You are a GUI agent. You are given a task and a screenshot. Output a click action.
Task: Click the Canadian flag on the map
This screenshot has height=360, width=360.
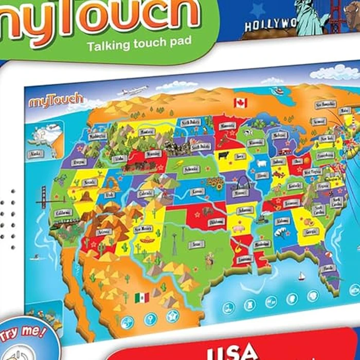click(x=240, y=103)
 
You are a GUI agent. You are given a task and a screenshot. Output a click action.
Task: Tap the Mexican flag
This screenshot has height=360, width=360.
click(x=141, y=297)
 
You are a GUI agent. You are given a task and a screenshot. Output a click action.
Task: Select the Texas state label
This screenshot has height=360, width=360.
click(x=195, y=245)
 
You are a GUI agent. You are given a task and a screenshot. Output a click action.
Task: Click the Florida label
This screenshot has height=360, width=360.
click(x=328, y=268)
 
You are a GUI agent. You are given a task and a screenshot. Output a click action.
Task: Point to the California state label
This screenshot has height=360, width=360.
click(x=64, y=212)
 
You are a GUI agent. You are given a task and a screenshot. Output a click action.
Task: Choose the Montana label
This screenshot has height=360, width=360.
click(x=133, y=133)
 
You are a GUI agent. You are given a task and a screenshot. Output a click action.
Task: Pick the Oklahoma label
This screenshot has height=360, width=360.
click(x=217, y=222)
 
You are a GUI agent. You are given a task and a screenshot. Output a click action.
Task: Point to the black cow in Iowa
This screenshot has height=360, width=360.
click(x=224, y=155)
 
